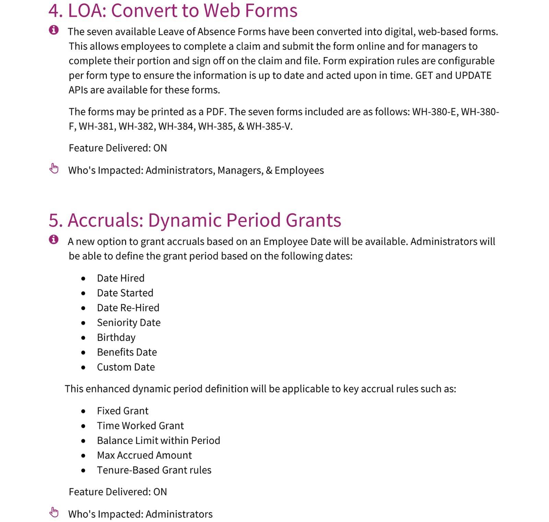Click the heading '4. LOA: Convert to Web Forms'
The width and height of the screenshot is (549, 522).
coord(173,10)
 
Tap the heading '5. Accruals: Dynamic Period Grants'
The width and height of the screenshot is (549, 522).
coord(195,220)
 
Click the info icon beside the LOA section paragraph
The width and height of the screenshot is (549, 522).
coord(54,30)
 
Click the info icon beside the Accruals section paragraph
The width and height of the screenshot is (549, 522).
coord(54,239)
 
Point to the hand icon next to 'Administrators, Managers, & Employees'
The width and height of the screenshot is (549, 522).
coord(54,169)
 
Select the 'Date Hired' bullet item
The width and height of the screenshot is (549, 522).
coord(120,278)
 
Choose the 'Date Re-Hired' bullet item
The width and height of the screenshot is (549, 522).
coord(128,308)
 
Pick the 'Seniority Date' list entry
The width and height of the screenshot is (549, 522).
coord(129,323)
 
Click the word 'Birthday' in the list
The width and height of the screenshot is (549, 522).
coord(116,338)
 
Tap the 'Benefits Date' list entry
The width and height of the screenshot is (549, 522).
coord(127,352)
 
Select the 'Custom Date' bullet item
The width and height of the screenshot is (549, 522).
coord(126,367)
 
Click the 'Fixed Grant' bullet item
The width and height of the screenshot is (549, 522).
coord(122,411)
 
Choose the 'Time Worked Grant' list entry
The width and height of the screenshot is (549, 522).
coord(140,426)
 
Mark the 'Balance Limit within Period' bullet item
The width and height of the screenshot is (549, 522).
coord(158,440)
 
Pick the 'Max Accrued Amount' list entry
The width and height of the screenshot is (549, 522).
coord(144,455)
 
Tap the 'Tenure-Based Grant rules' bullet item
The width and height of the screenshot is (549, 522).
coord(154,470)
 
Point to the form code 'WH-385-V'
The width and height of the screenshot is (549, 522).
coord(269,126)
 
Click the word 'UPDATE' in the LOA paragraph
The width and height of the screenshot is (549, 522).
coord(473,75)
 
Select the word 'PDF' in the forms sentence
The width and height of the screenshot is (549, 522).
coord(214,112)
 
